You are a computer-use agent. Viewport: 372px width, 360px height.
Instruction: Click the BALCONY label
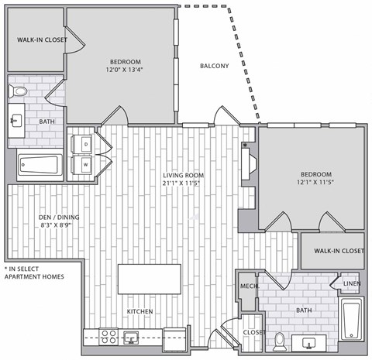214,66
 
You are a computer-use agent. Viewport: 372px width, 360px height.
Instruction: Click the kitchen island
150,279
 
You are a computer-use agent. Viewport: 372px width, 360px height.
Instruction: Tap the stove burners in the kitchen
108,337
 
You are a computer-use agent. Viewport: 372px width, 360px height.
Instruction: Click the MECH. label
248,286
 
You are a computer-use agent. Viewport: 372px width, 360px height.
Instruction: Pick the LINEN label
350,283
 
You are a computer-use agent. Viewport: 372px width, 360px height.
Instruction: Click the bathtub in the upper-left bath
40,164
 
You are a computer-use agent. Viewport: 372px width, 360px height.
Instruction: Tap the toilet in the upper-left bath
19,93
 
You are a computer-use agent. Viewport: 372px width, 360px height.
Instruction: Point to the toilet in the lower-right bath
278,340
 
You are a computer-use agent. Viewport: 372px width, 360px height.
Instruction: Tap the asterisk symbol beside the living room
245,145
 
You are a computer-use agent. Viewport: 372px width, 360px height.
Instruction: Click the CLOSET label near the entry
253,332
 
